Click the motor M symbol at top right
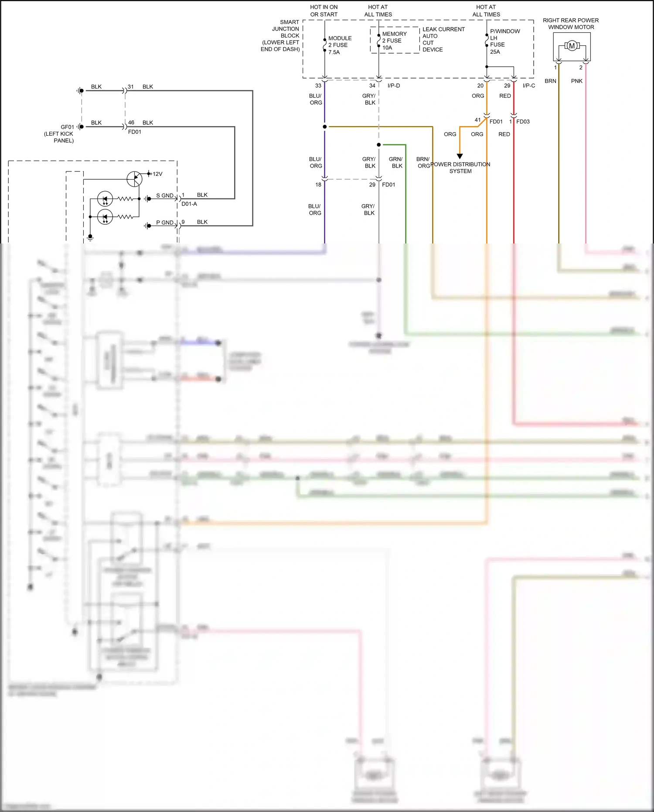(x=572, y=46)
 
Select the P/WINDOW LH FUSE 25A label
(x=504, y=41)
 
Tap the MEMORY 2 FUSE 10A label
(x=394, y=41)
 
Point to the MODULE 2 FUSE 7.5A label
(x=340, y=45)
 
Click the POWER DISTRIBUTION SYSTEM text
(x=460, y=168)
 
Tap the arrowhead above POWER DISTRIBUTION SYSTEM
(x=460, y=156)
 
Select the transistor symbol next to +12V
(x=134, y=178)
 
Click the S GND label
(x=164, y=195)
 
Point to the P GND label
(x=164, y=223)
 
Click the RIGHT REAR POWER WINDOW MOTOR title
(x=571, y=24)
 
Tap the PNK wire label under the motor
(x=576, y=81)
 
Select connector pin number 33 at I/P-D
(x=318, y=86)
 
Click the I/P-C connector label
(x=528, y=86)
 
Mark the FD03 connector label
(x=523, y=122)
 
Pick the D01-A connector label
(x=189, y=204)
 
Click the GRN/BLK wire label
(x=396, y=162)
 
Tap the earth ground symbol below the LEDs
(x=90, y=238)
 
